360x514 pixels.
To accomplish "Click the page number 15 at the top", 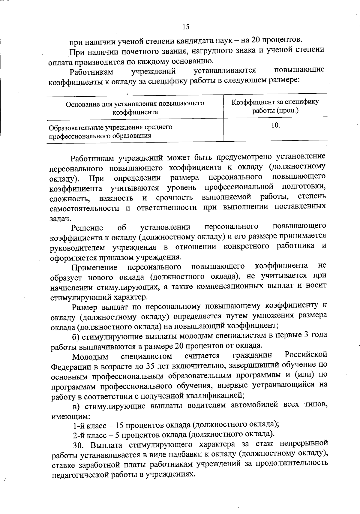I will coord(186,27).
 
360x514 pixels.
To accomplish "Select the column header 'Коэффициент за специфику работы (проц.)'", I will coord(275,106).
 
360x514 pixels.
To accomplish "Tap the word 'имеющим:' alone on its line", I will coord(66,416).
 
